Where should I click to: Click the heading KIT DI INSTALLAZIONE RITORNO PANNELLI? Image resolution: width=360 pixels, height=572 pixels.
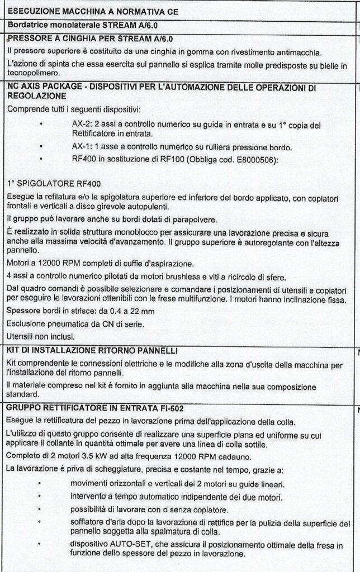[x=92, y=350]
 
